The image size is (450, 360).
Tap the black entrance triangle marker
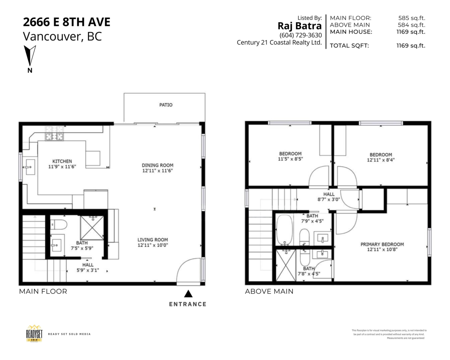click(188, 294)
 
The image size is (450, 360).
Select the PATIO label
click(165, 105)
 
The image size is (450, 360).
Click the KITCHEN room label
click(62, 161)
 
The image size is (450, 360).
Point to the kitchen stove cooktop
click(54, 134)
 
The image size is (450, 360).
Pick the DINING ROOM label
click(157, 165)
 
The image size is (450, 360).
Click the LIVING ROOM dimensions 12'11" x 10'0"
click(153, 246)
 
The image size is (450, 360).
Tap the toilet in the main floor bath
click(59, 225)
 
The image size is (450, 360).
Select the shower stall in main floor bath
click(91, 228)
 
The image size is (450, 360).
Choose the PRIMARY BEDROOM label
click(382, 244)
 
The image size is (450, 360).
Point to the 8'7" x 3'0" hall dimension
click(329, 200)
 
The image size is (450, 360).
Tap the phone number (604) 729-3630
click(300, 35)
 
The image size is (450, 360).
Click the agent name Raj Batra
click(299, 26)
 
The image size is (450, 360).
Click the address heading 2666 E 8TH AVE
click(67, 22)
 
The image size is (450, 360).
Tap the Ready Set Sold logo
click(34, 333)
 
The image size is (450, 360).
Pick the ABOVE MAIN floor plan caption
click(269, 291)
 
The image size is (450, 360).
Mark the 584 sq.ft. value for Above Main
click(411, 25)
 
